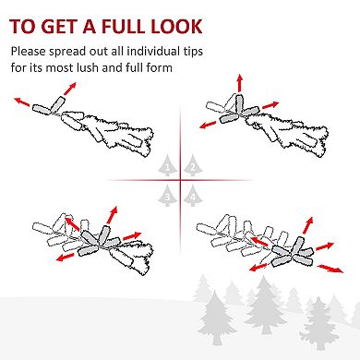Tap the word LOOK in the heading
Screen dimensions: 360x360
tap(176, 26)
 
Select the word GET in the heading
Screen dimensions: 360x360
tap(59, 26)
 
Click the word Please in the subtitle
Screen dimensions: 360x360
tap(29, 52)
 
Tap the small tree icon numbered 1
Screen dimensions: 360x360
tap(167, 165)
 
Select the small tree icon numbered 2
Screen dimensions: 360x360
tap(193, 165)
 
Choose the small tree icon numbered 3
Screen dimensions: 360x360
tap(167, 196)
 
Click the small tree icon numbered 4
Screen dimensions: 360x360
tap(193, 196)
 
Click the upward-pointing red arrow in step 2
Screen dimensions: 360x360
tap(240, 82)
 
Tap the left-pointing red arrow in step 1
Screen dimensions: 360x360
tap(21, 102)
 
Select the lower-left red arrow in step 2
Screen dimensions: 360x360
tap(208, 125)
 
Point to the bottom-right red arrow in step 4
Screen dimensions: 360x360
tap(330, 269)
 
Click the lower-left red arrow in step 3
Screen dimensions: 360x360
tap(66, 257)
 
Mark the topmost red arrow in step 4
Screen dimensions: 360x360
tap(308, 225)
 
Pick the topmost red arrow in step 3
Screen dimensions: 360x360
tap(112, 215)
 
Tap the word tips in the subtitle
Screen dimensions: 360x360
tap(192, 52)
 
